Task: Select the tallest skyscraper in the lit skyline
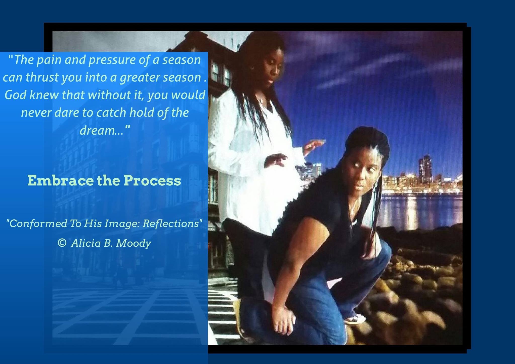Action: coord(425,169)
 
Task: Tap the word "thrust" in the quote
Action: coord(42,77)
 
